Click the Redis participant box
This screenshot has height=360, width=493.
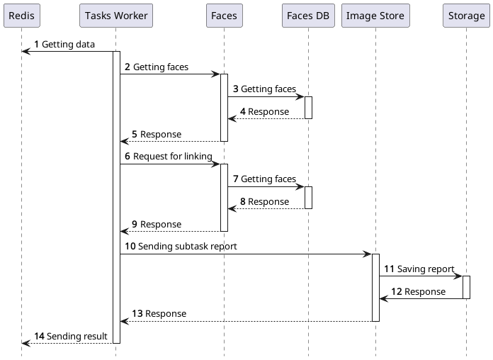pos(21,16)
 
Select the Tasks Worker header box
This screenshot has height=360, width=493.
pos(116,16)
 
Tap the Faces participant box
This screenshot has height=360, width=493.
pos(224,16)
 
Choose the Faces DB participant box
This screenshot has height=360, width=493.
pos(308,16)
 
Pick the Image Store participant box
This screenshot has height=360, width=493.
pos(375,16)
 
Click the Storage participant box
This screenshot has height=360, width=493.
pos(466,16)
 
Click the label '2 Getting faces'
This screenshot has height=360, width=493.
pos(157,67)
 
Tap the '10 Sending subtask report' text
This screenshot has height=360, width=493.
pos(181,247)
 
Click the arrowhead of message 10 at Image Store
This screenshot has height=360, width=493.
pos(368,254)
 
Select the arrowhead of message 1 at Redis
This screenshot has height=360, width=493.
pos(25,51)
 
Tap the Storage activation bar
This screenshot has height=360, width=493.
pos(466,287)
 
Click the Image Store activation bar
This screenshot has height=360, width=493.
pos(375,287)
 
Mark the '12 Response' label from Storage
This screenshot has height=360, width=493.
pos(418,292)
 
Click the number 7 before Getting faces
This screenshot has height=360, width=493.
pos(235,179)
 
